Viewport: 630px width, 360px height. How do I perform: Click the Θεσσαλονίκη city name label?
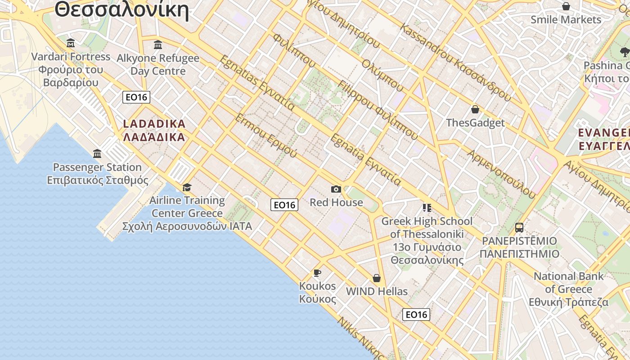tap(121, 10)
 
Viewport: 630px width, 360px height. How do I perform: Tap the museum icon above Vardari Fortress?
tap(71, 43)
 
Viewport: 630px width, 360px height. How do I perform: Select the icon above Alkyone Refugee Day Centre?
tap(158, 45)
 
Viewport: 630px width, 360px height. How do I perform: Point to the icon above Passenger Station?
tap(97, 154)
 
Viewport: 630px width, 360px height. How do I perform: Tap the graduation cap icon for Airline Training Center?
tap(187, 187)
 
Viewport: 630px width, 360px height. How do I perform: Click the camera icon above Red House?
tap(336, 189)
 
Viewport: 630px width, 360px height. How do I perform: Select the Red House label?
tap(336, 202)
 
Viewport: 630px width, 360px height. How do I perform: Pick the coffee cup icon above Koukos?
tap(317, 273)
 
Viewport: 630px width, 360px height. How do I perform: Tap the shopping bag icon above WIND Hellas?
tap(377, 278)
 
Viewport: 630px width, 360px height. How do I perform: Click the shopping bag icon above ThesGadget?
tap(475, 109)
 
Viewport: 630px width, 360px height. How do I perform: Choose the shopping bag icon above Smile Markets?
tap(566, 6)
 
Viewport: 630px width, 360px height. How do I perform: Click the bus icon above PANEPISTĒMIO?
tap(519, 227)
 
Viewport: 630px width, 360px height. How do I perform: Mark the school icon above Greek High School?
tap(427, 208)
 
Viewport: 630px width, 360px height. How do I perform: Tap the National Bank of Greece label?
tap(569, 289)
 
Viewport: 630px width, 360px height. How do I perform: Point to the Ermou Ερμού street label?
tap(266, 135)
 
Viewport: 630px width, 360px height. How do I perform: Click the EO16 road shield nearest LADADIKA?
tap(136, 97)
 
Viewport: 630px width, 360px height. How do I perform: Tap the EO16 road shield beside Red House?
tap(284, 205)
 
